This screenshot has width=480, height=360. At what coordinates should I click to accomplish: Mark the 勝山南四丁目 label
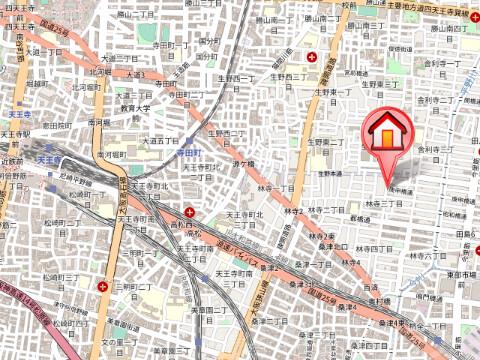(x=445, y=30)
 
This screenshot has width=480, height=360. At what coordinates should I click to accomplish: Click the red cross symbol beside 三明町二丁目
(x=104, y=286)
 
